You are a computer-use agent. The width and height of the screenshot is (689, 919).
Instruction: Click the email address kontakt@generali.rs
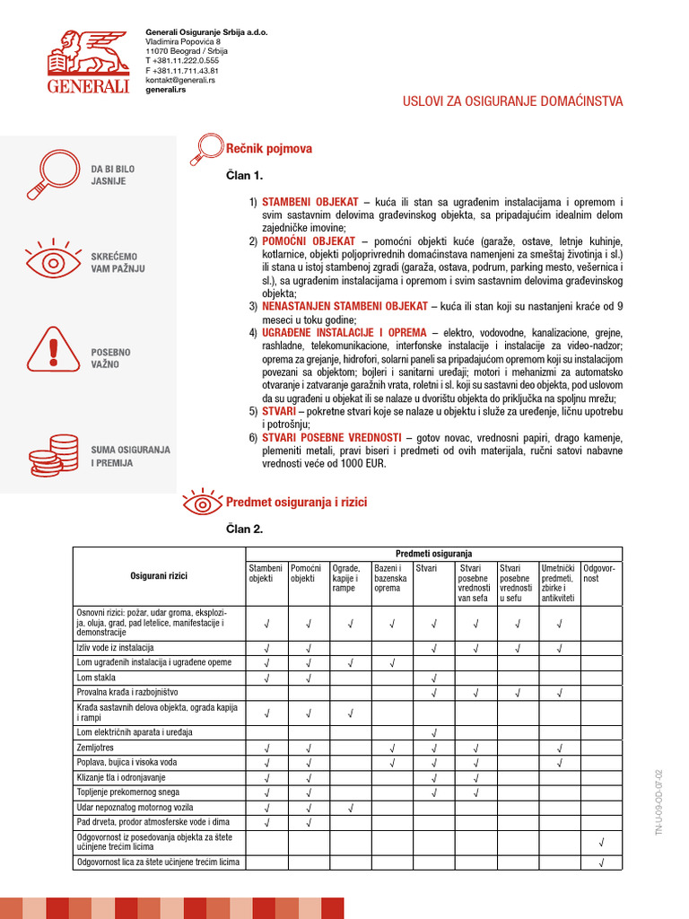tap(180, 80)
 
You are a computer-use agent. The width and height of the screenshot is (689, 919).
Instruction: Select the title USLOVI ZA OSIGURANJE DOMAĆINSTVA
tap(511, 101)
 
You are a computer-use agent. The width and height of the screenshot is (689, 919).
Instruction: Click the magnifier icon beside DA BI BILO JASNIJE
tap(45, 174)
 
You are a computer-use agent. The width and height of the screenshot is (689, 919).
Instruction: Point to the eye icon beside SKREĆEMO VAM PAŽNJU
tap(45, 261)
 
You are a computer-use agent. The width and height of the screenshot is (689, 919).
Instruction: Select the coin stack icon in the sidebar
tap(45, 455)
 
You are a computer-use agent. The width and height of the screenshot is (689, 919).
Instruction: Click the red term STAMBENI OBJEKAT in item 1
tap(310, 202)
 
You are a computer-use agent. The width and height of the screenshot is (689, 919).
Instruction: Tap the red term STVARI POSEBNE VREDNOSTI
tap(331, 437)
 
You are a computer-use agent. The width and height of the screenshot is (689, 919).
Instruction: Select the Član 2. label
tap(244, 530)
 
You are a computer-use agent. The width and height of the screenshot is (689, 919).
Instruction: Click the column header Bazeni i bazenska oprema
tap(391, 578)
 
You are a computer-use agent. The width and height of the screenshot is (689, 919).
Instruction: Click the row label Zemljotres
tap(96, 748)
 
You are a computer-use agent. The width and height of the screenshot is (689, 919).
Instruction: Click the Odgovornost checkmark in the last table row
tap(601, 863)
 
